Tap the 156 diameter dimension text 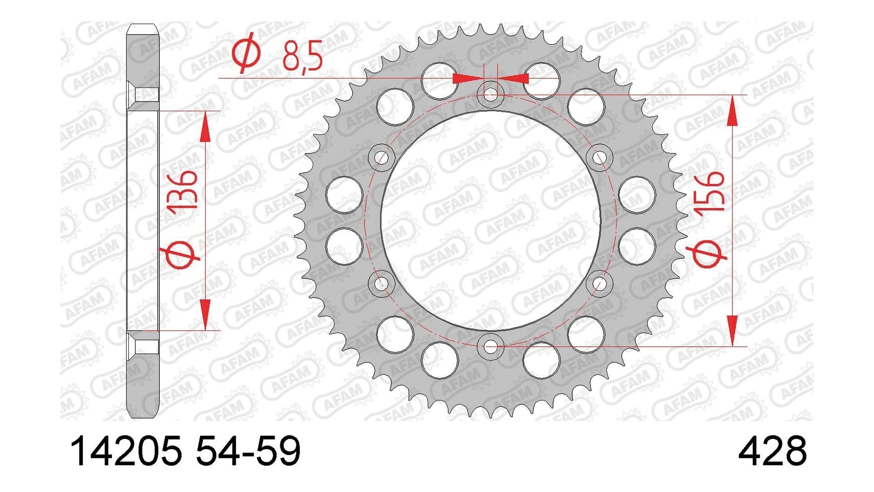point(708,191)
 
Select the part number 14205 point(126,451)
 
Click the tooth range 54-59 point(248,451)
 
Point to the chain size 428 point(772,451)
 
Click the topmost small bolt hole point(490,95)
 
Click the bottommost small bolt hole point(490,347)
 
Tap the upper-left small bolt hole point(381,158)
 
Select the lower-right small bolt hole point(599,284)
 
